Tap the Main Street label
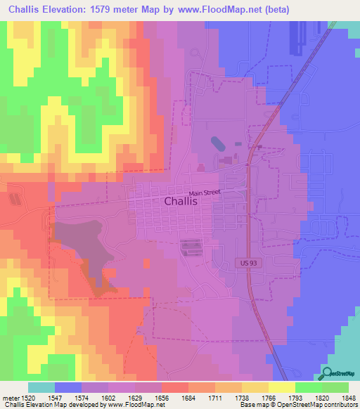(204, 192)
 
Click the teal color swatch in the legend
(41, 387)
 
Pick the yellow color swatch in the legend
(282, 387)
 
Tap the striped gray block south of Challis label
(191, 247)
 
